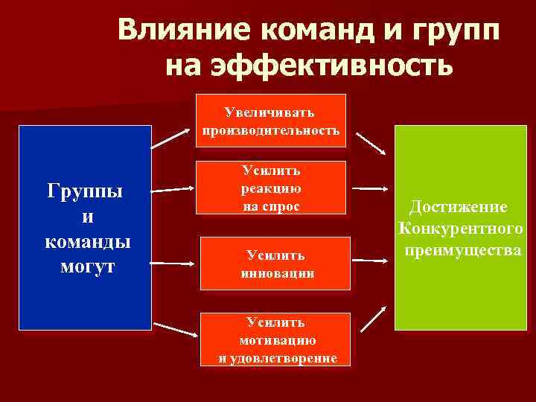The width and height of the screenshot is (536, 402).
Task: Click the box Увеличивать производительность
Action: [x=271, y=121]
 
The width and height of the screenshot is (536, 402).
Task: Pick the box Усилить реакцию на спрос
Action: [x=271, y=188]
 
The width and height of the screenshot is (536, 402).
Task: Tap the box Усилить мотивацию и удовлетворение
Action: [x=277, y=339]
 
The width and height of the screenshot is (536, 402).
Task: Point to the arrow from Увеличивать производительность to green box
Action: [x=370, y=144]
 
